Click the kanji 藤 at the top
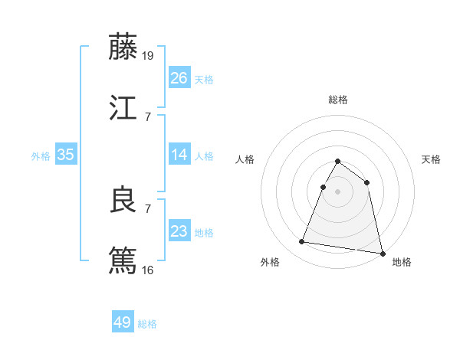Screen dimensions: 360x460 click(x=123, y=47)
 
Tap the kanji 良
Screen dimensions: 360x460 click(x=123, y=200)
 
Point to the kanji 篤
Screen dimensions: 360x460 click(x=123, y=260)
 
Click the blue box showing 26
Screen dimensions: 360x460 click(x=179, y=78)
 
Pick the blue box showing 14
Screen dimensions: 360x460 click(x=179, y=155)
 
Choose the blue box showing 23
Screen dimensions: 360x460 click(x=179, y=231)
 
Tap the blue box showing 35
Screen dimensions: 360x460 click(x=65, y=155)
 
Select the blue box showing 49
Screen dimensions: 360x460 click(x=122, y=322)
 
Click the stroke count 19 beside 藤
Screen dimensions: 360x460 click(x=149, y=55)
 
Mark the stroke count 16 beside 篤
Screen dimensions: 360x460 click(x=149, y=270)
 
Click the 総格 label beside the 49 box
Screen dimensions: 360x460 click(x=147, y=324)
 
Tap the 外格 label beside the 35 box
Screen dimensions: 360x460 click(x=41, y=156)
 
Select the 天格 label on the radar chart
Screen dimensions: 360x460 click(x=432, y=159)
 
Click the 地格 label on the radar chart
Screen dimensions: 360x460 click(x=402, y=262)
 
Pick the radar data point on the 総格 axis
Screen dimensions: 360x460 click(x=337, y=162)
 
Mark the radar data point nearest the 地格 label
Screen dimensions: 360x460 click(x=383, y=253)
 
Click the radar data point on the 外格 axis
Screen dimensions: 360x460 click(x=302, y=242)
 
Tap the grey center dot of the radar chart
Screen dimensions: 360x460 click(x=337, y=191)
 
